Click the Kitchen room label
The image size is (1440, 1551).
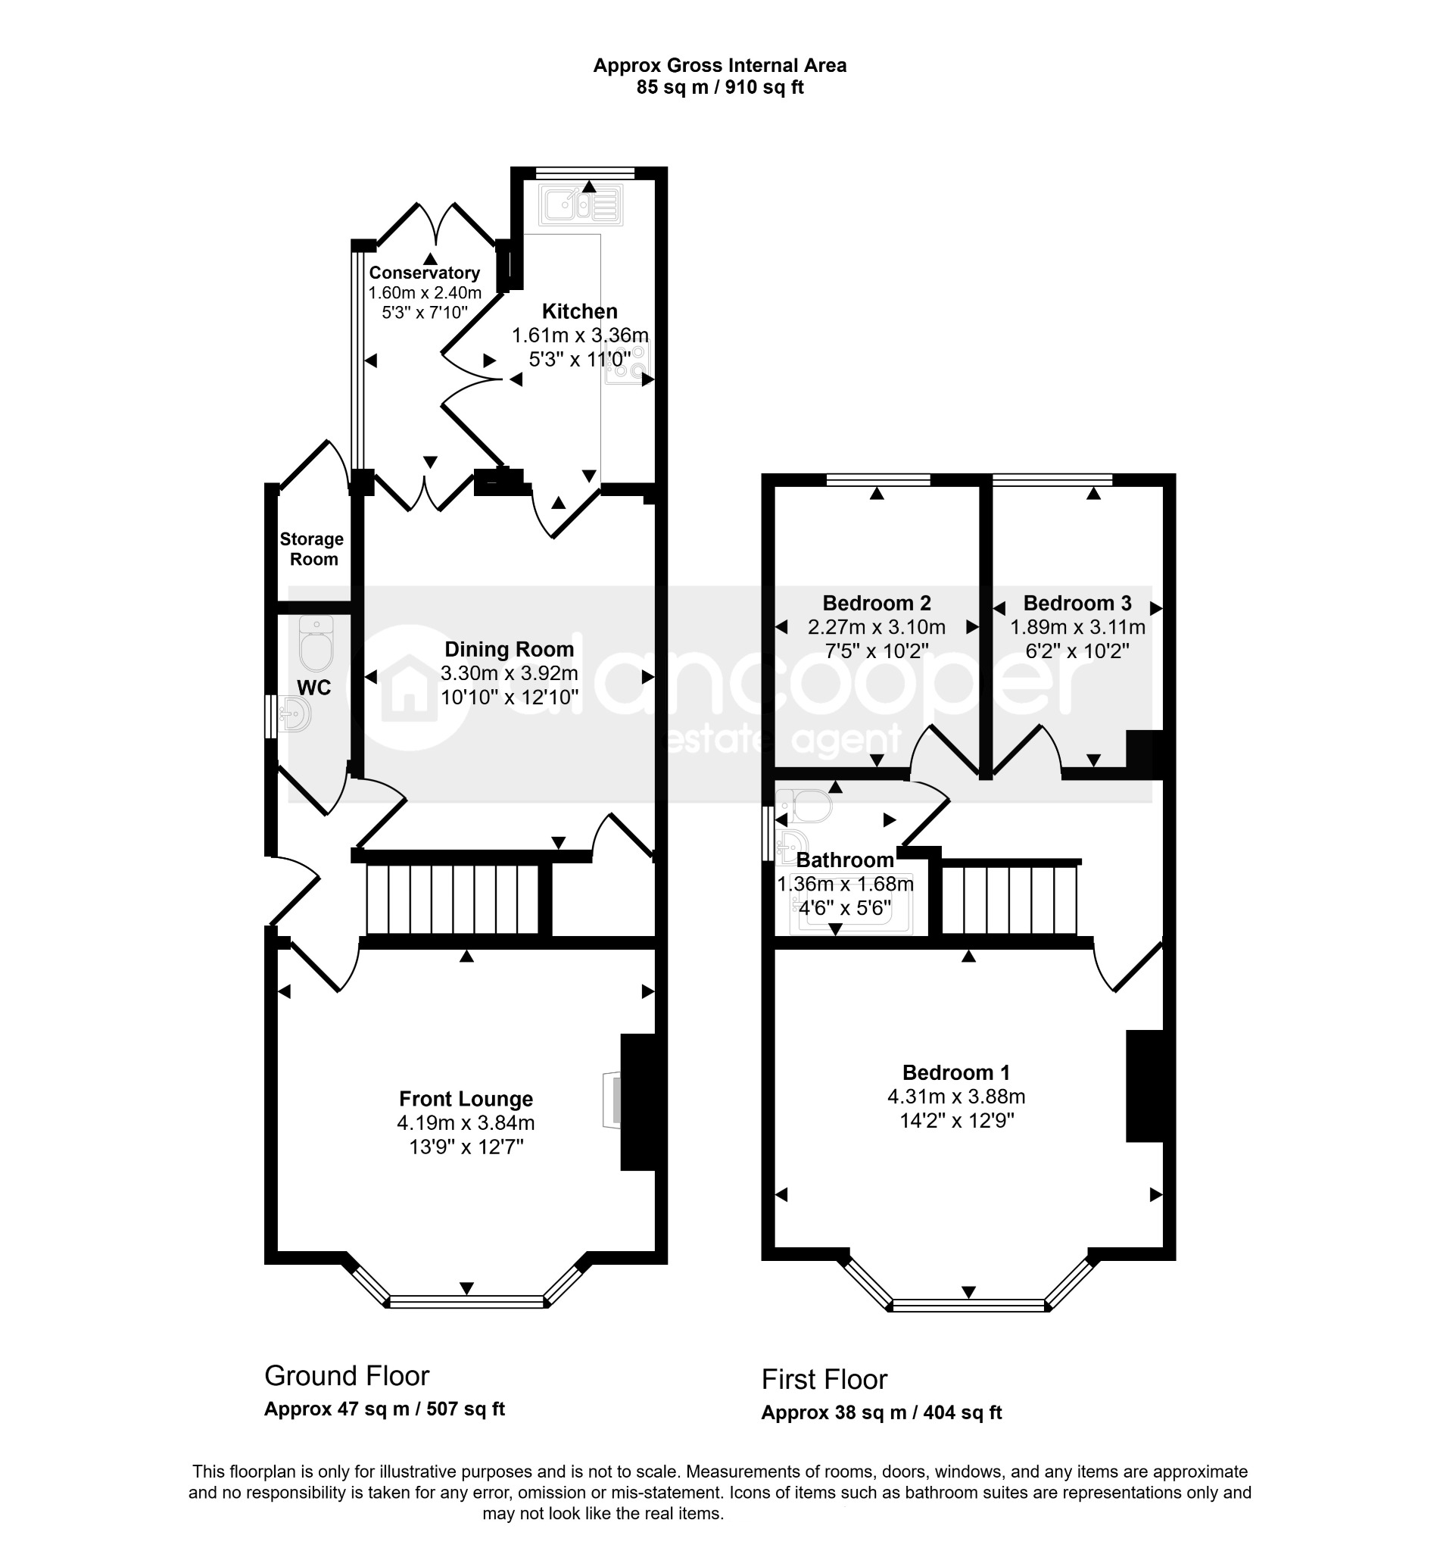(x=580, y=312)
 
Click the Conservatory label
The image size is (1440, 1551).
(x=424, y=273)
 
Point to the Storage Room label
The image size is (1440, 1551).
(x=313, y=549)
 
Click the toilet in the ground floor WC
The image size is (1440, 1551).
(x=316, y=644)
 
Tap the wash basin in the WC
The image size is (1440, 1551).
(x=293, y=713)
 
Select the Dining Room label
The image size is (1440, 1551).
(x=510, y=649)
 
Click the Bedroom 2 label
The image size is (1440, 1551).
(x=877, y=604)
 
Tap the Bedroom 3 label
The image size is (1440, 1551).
(x=1077, y=604)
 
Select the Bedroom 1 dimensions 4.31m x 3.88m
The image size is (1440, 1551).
(x=956, y=1097)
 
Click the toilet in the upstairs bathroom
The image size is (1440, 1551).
(x=804, y=806)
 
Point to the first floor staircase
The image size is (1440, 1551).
(x=1010, y=900)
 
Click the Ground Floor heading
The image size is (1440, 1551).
(x=347, y=1376)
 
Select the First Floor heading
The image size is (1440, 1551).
(x=824, y=1380)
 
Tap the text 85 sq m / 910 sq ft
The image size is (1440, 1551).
(x=720, y=87)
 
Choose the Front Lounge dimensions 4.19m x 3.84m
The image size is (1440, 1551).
(x=466, y=1123)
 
